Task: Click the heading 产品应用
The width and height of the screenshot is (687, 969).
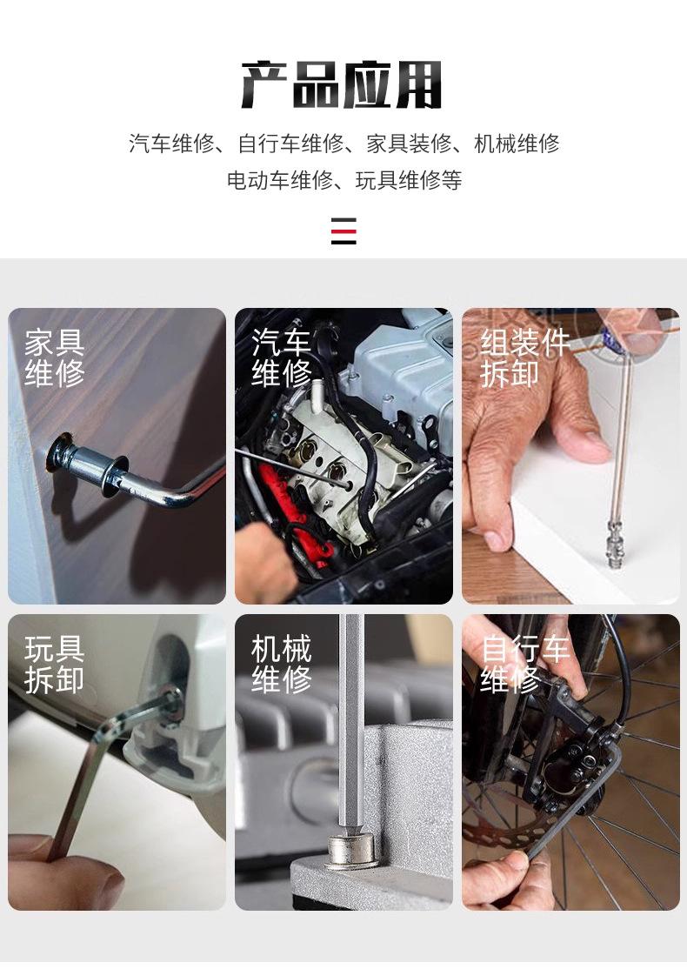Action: pyautogui.click(x=342, y=84)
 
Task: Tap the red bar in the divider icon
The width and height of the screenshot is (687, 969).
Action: pyautogui.click(x=343, y=231)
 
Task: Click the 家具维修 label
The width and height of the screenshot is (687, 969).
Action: pyautogui.click(x=55, y=358)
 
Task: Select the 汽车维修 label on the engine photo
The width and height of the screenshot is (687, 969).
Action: pyautogui.click(x=281, y=358)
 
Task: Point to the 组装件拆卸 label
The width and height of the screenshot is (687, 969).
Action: pyautogui.click(x=524, y=358)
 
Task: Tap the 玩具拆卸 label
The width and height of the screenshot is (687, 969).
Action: pyautogui.click(x=55, y=665)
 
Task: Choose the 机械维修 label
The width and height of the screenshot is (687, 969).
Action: pyautogui.click(x=281, y=665)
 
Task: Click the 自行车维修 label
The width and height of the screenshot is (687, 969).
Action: pyautogui.click(x=524, y=665)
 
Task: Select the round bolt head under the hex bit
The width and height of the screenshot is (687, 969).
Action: pyautogui.click(x=351, y=851)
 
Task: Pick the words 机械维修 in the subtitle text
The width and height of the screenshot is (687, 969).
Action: pyautogui.click(x=517, y=144)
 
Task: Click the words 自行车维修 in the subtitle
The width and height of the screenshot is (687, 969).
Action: pyautogui.click(x=291, y=144)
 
